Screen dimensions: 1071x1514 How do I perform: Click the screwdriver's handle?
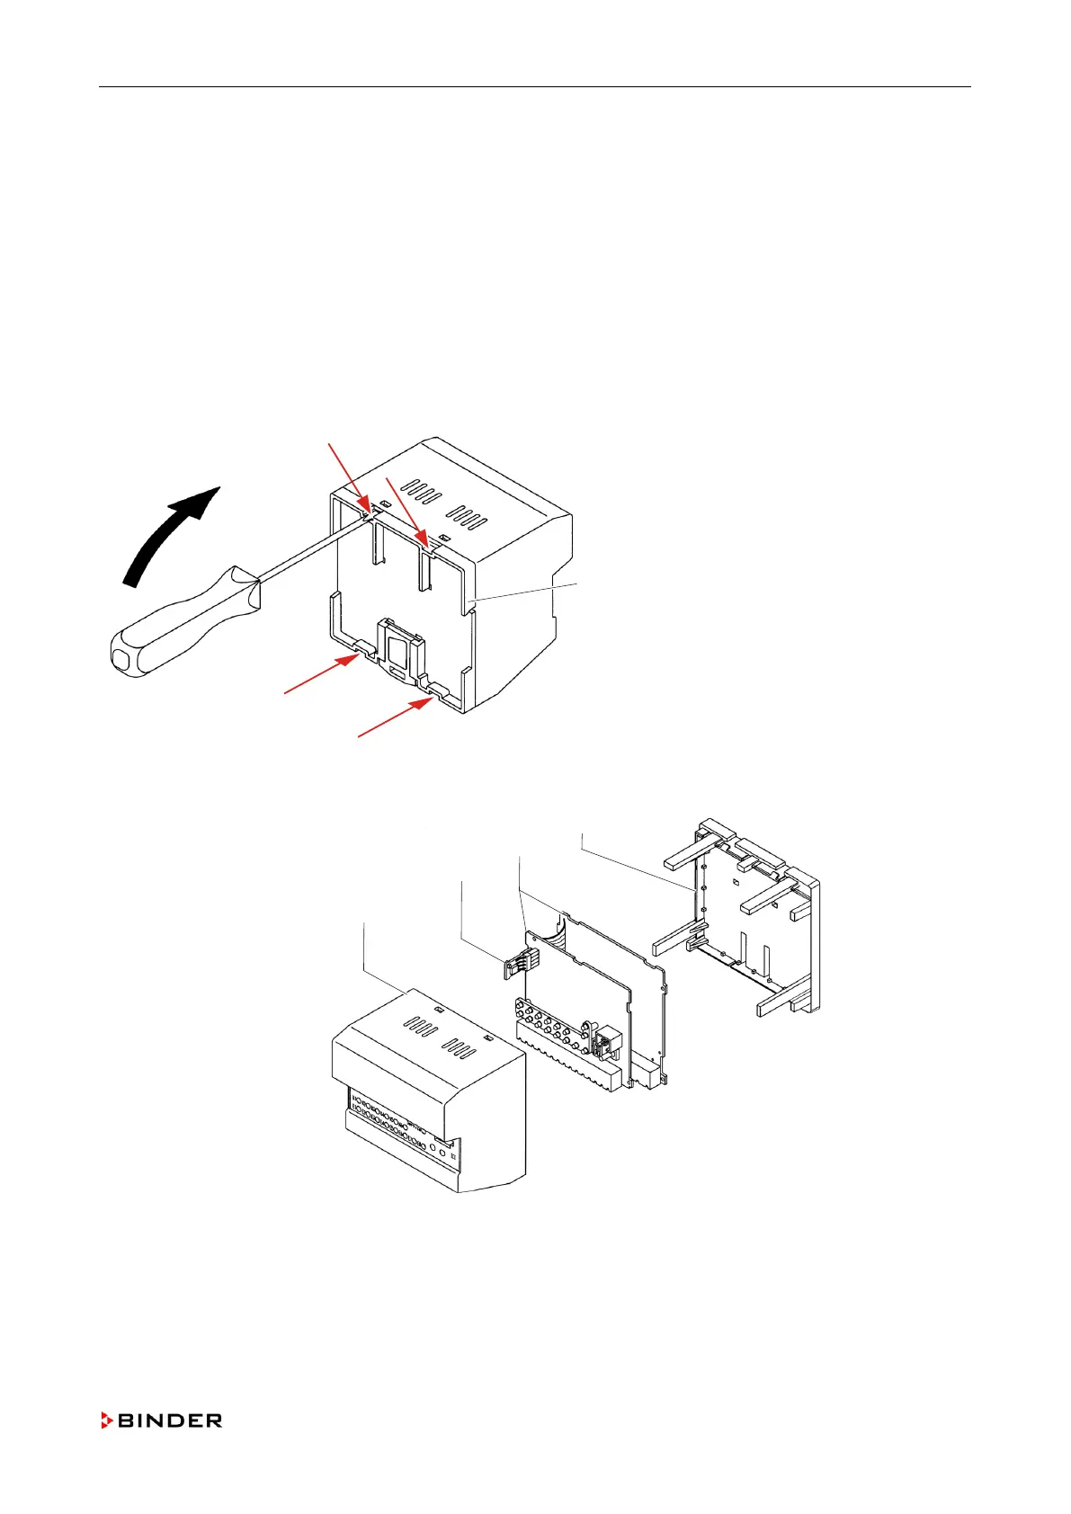click(180, 619)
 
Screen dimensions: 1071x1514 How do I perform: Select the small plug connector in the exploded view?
click(515, 965)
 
